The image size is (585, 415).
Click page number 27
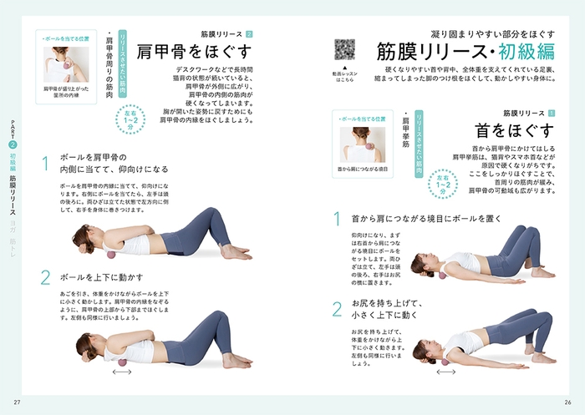[16, 404]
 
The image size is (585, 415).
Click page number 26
[568, 404]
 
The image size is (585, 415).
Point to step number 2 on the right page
[338, 309]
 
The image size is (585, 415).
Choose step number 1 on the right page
[338, 220]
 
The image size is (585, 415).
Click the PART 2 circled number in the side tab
[13, 144]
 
